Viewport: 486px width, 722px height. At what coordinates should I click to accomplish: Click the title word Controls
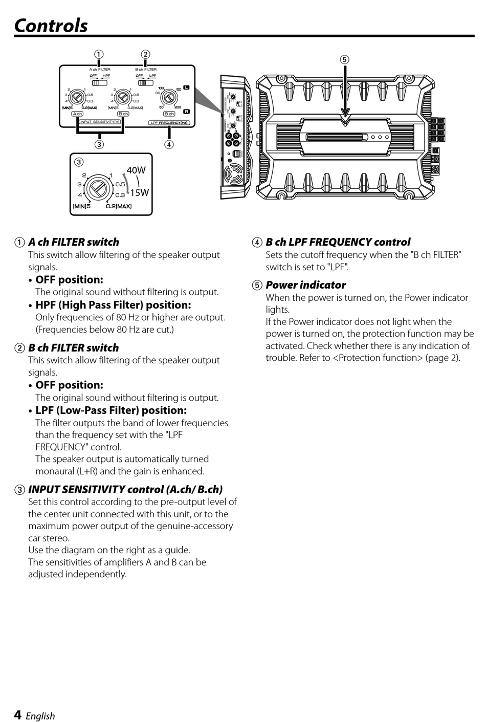(x=51, y=26)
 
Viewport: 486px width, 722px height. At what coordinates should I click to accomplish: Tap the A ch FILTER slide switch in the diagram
(x=96, y=82)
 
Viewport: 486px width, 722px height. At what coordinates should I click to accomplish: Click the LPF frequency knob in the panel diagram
(x=167, y=97)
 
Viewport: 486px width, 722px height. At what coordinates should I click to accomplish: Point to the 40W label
(x=136, y=170)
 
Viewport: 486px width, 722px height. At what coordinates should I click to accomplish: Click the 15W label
(x=139, y=192)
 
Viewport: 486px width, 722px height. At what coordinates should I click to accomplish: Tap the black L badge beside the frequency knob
(x=186, y=88)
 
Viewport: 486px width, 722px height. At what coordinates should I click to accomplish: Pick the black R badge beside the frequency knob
(x=186, y=111)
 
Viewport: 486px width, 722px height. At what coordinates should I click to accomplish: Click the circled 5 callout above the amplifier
(x=345, y=59)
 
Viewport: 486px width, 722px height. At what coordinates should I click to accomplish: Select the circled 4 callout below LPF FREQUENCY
(x=169, y=144)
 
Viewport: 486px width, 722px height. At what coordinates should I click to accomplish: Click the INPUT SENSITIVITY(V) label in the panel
(x=100, y=122)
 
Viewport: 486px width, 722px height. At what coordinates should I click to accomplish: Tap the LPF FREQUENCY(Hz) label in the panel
(x=169, y=123)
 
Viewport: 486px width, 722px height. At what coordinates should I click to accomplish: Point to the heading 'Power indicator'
(x=305, y=285)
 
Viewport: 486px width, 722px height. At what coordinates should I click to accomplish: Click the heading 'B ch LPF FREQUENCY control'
(x=338, y=242)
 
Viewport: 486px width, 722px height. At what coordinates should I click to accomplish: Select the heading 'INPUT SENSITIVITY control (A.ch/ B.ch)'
(x=125, y=489)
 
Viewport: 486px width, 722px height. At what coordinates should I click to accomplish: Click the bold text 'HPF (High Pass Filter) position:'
(x=113, y=305)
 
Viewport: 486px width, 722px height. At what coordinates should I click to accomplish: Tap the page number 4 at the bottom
(x=18, y=715)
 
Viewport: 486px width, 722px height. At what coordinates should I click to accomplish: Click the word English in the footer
(x=40, y=716)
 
